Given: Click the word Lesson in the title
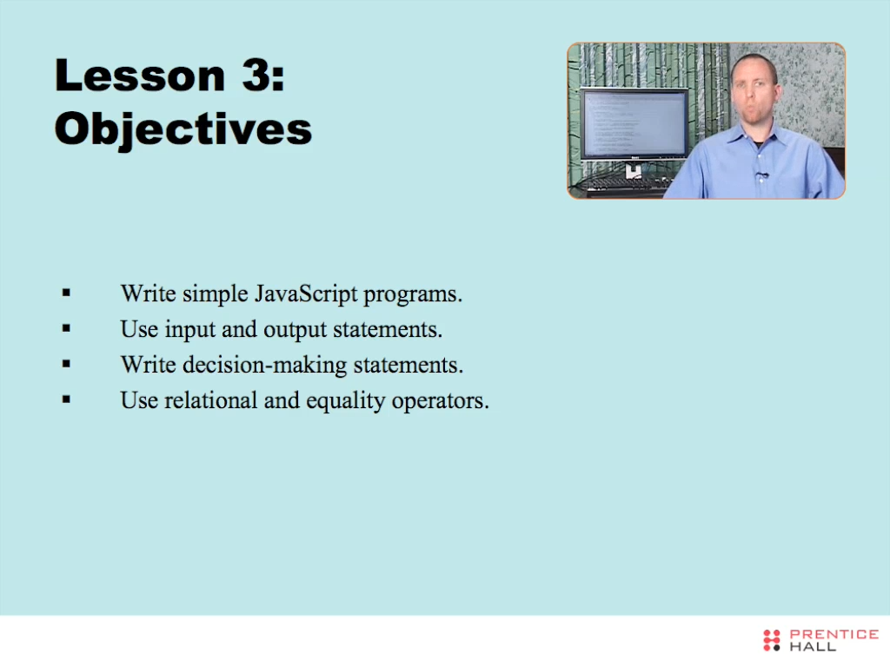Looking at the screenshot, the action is tap(140, 75).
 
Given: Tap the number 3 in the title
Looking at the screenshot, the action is tap(256, 75).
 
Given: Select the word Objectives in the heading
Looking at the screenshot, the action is tap(183, 129).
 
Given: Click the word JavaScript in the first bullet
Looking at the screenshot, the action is tap(306, 294).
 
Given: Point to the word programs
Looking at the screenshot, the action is tap(413, 295).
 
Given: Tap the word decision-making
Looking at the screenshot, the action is tap(264, 366).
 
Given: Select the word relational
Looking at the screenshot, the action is tap(210, 400).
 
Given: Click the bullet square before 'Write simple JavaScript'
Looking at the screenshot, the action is tap(66, 294).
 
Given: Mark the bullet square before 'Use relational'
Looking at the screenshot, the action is tap(66, 400).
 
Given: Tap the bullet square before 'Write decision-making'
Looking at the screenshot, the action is tap(66, 364).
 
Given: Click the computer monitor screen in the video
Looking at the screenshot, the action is tap(634, 124).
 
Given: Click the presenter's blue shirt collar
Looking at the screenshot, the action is tap(758, 137).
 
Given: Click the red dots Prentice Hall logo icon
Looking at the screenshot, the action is tap(772, 640).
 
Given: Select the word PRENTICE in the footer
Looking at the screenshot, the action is tap(834, 634).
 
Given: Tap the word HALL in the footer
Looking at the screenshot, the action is tap(813, 646).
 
